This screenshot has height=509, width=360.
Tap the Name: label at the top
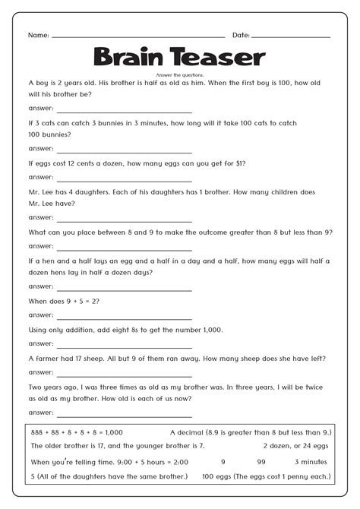tap(38, 35)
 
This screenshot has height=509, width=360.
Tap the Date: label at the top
tap(241, 35)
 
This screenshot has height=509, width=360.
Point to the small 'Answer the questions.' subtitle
tap(179, 74)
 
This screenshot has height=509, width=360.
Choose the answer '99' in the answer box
tap(261, 460)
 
